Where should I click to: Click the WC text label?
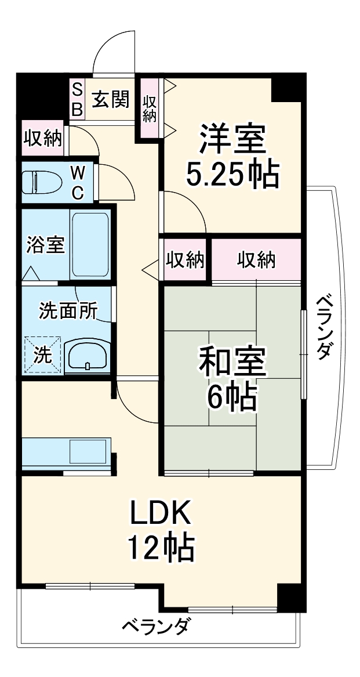78,182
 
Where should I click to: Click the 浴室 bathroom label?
45,244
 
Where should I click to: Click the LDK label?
160,512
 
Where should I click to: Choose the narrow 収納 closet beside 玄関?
150,108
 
